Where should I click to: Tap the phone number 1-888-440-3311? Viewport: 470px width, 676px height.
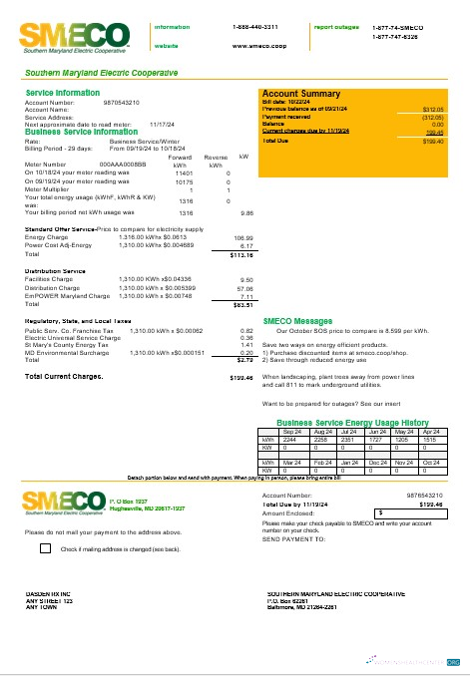pyautogui.click(x=254, y=27)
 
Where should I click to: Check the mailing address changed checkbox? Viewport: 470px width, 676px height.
pyautogui.click(x=46, y=548)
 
